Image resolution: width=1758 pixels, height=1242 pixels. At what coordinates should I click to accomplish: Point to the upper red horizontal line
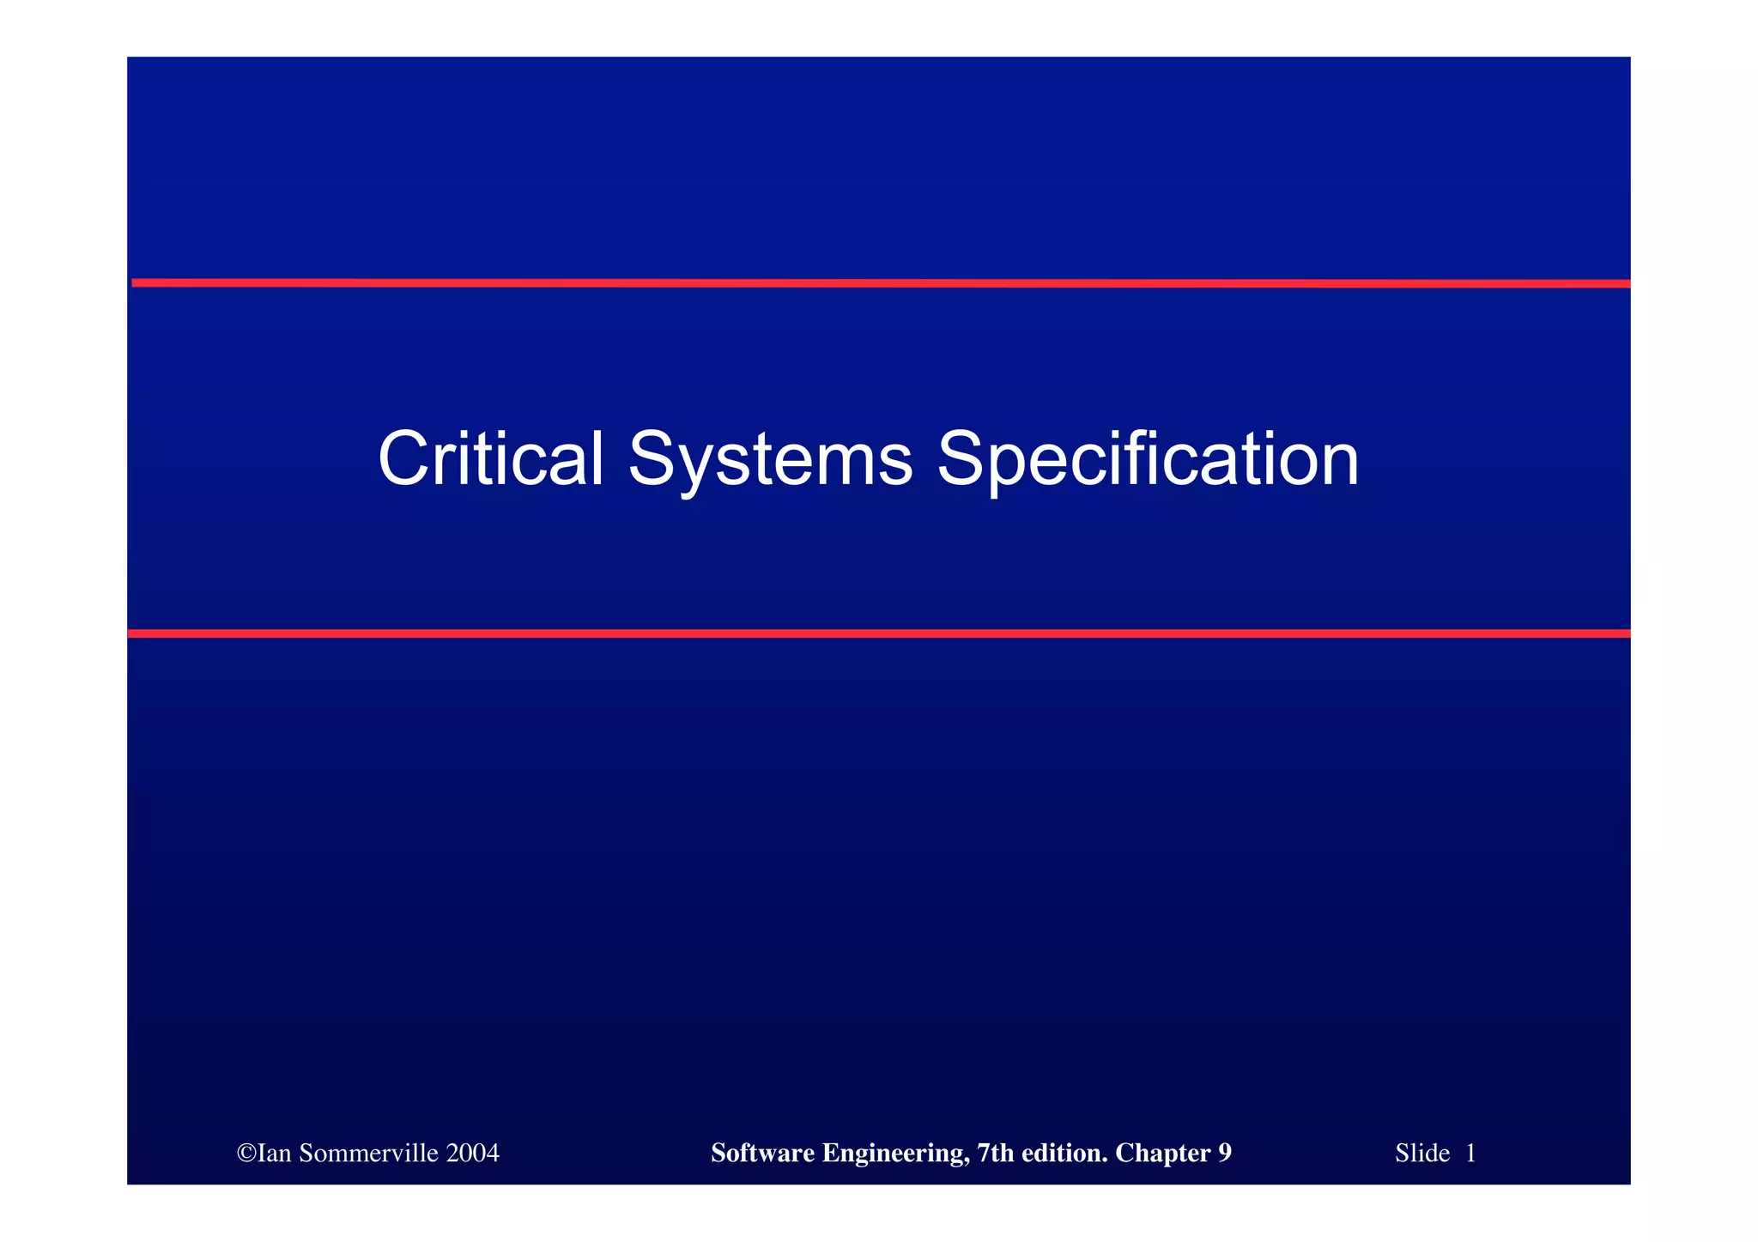coord(879,282)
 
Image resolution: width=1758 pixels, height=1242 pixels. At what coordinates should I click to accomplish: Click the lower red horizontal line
coord(879,633)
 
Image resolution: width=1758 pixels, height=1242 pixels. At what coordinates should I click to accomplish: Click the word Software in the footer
coord(763,1154)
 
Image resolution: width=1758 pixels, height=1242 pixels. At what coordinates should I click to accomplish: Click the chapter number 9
coord(1225,1154)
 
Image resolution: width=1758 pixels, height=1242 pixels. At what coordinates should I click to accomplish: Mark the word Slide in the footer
coord(1422,1154)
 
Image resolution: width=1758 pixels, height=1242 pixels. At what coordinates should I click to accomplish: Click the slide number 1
coord(1470,1154)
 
